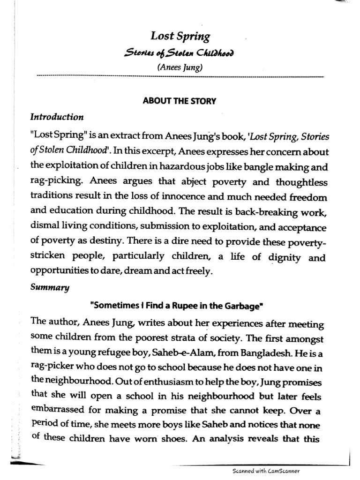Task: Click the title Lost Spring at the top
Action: [x=180, y=36]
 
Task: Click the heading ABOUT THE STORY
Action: [x=180, y=101]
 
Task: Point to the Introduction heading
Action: [x=57, y=117]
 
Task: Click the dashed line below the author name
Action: [x=180, y=76]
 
